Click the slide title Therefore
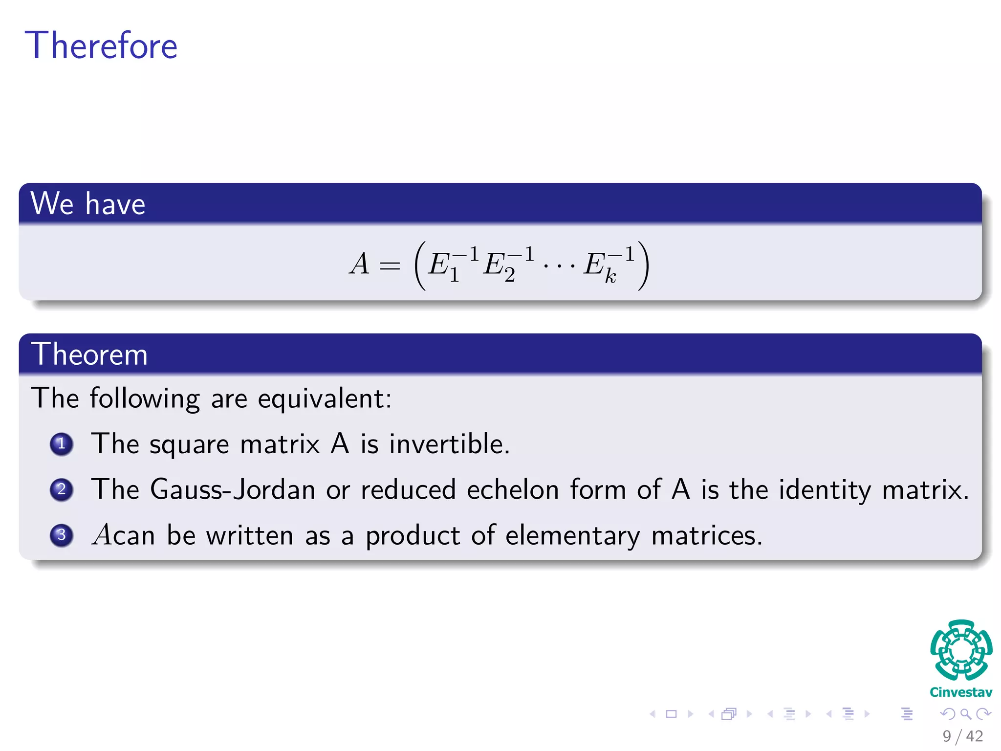tap(101, 45)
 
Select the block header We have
tap(88, 203)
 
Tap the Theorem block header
tap(89, 354)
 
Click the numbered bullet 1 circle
tap(62, 444)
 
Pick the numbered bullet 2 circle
tap(62, 489)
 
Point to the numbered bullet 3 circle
tap(62, 535)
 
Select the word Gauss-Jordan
tap(233, 489)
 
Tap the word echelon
tap(513, 489)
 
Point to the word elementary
tap(572, 535)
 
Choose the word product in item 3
tap(413, 535)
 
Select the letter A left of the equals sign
tap(359, 264)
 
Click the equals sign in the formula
tap(390, 266)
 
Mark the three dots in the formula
tap(559, 266)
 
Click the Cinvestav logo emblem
tap(961, 650)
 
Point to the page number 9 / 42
tap(962, 736)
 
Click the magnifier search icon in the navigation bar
tap(965, 714)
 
